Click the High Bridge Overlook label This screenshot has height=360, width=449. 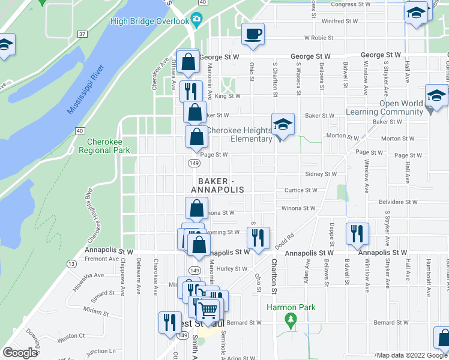tap(149, 22)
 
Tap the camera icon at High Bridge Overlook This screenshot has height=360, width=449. tap(196, 20)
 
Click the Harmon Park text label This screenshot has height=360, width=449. tap(291, 308)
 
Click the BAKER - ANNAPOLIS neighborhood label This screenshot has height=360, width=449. tap(218, 185)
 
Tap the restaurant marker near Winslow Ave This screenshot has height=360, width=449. tap(357, 234)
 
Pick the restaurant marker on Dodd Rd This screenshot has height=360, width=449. tap(259, 238)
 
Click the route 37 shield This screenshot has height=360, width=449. tap(81, 34)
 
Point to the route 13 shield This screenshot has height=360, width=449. tap(71, 263)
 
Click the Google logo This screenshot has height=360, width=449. tap(20, 353)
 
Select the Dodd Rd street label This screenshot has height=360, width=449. tap(285, 239)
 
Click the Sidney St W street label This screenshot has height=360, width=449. tap(321, 173)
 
